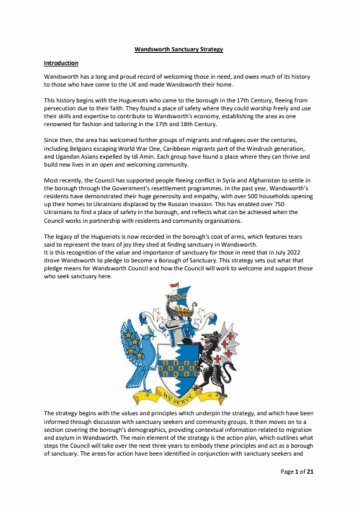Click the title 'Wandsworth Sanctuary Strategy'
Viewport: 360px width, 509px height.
pyautogui.click(x=180, y=49)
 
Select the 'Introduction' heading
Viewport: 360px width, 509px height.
pyautogui.click(x=61, y=63)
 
